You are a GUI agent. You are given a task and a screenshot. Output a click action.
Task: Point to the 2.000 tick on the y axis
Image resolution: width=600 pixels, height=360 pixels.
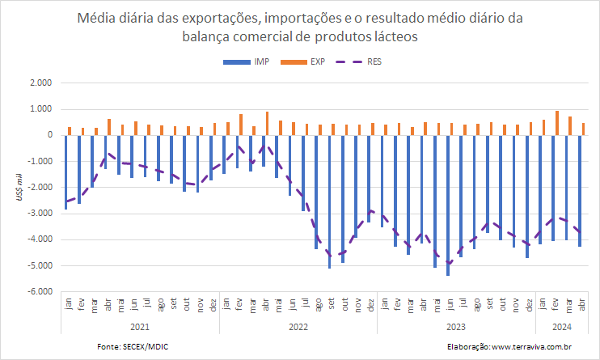40,83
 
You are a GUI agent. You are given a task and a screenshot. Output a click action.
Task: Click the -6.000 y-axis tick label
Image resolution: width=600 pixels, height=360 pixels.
39,292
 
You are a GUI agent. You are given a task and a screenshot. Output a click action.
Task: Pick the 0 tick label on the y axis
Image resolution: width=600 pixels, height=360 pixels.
49,135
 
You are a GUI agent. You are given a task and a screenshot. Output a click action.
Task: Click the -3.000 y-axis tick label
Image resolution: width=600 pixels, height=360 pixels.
39,214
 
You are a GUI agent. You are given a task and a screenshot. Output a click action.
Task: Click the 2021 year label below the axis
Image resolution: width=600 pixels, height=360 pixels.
140,328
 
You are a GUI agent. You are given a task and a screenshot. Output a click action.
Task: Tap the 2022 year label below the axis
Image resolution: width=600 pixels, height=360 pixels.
298,328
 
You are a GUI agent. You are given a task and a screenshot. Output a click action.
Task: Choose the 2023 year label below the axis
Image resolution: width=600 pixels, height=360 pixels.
457,328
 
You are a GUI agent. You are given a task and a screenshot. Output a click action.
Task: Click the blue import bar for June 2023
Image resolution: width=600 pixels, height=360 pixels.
448,205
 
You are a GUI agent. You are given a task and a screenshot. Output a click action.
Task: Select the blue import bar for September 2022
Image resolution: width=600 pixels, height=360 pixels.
329,201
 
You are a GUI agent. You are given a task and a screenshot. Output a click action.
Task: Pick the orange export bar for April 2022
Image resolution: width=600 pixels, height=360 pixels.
267,123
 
